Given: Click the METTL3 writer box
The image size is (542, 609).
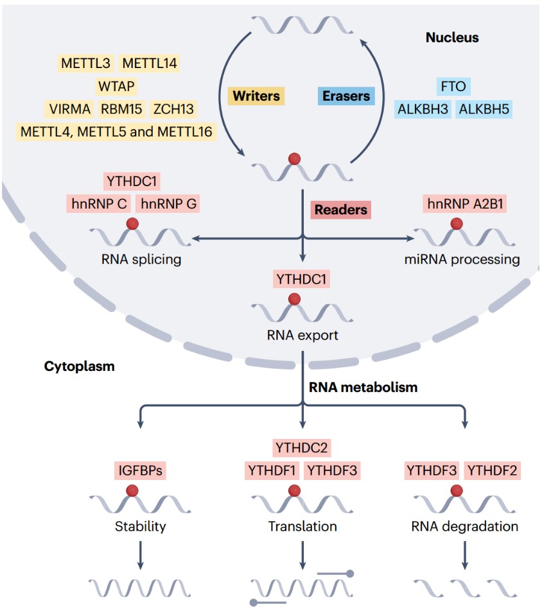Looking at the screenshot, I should [86, 63].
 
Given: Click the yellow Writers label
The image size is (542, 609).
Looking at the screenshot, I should [257, 96].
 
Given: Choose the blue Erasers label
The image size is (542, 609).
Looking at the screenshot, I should [345, 96].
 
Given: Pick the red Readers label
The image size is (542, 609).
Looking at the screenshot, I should [340, 209].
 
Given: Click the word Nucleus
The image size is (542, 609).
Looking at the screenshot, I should [452, 37].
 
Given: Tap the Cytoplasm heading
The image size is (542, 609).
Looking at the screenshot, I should [79, 366].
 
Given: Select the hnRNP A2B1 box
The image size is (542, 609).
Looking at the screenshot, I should [457, 204].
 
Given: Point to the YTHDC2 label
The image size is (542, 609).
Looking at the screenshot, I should [302, 447].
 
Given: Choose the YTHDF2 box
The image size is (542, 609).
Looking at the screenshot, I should [492, 470].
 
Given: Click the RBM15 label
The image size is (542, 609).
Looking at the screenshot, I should [121, 108].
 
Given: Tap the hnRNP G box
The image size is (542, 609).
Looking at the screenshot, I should [169, 204].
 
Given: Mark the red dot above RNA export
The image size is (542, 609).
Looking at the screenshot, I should [294, 298].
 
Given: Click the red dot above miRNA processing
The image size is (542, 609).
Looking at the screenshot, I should [457, 224].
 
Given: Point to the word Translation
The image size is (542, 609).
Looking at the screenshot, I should [302, 527].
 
